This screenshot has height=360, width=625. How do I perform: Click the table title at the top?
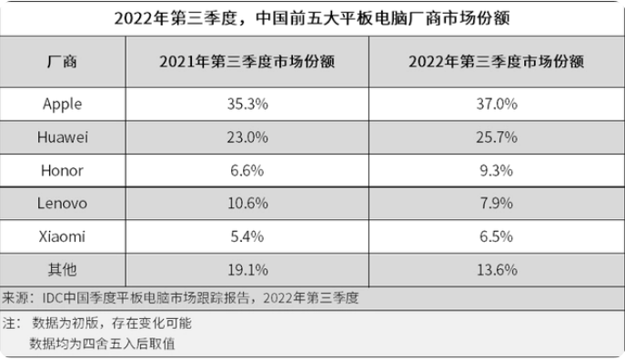point(312,18)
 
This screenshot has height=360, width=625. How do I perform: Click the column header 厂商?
point(62,62)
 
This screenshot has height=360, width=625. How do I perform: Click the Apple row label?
point(62,104)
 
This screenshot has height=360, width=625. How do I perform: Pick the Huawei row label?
point(62,137)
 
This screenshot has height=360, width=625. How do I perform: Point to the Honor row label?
point(62,170)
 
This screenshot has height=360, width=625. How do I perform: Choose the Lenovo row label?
point(62,203)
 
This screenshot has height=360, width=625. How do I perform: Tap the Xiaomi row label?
point(62,236)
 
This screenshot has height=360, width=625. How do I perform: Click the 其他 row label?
point(62,269)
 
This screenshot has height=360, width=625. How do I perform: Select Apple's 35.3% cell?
point(247,104)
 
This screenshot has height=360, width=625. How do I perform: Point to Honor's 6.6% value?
point(247,170)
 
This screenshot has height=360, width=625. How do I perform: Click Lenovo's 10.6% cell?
point(247,203)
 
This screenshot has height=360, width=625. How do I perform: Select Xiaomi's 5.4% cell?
point(247,236)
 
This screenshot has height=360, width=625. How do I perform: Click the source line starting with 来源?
point(182,297)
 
